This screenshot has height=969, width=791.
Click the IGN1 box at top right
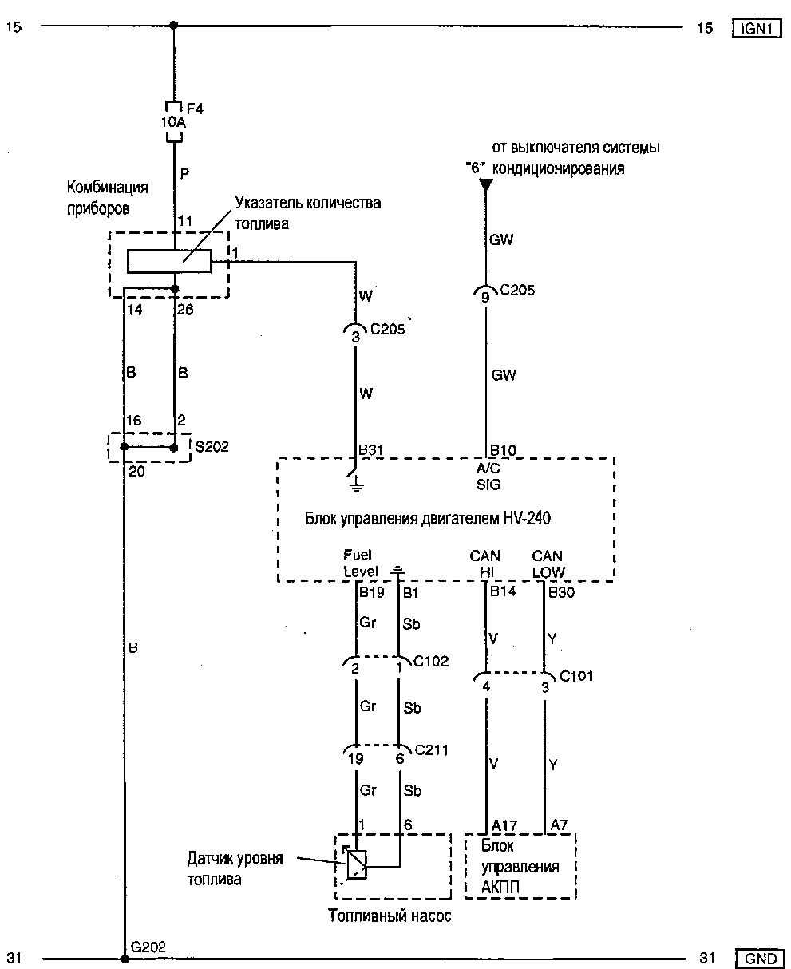point(754,29)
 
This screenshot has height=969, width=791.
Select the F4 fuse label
point(194,109)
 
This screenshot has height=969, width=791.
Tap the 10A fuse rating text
point(174,123)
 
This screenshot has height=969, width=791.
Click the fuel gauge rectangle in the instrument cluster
point(170,261)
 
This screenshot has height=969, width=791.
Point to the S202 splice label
point(212,447)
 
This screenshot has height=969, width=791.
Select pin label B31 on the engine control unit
point(371,451)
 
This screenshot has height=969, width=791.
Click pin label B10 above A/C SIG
point(503,451)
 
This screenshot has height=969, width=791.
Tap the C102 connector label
point(431,661)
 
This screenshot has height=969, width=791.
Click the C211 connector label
point(431,749)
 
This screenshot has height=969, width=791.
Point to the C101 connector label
point(576,676)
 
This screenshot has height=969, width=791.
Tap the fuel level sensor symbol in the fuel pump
point(355,864)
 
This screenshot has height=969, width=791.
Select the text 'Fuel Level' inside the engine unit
point(358,563)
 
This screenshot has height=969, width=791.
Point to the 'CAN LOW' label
point(548,564)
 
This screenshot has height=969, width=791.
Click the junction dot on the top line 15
point(174,26)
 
